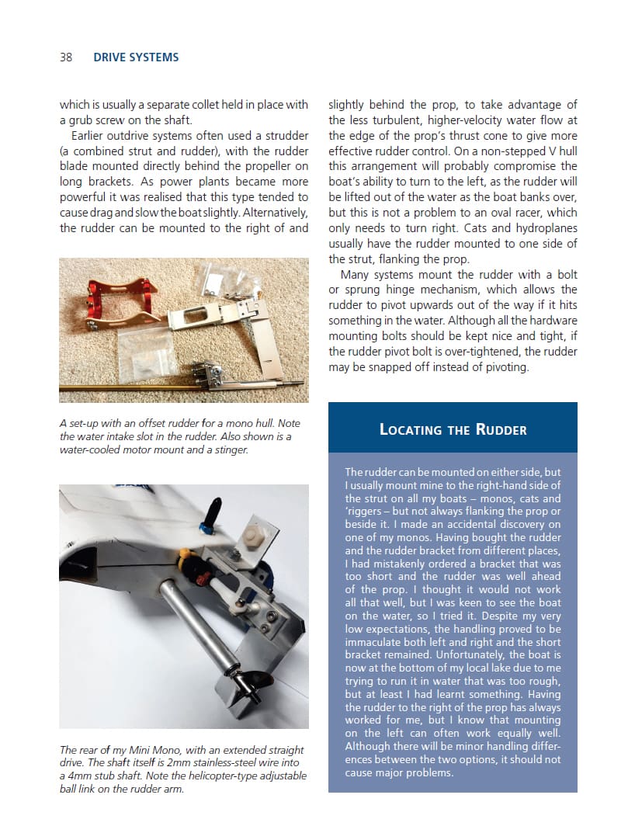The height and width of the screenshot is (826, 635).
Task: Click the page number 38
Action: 66,57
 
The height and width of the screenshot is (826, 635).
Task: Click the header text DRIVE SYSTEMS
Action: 136,57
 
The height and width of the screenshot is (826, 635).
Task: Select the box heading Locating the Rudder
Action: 453,429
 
